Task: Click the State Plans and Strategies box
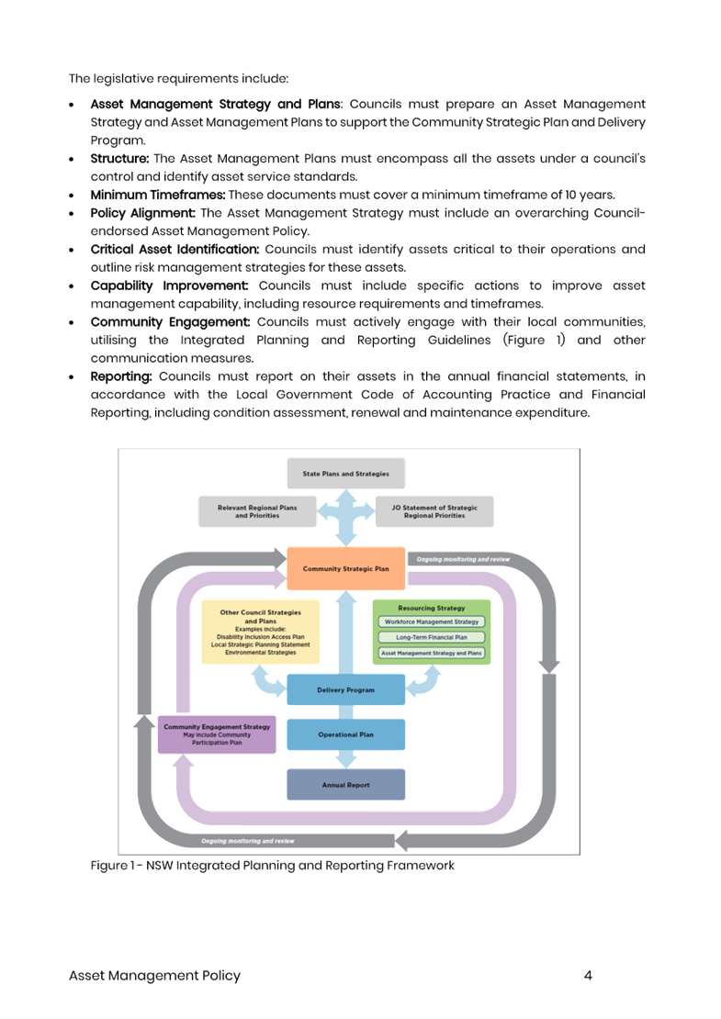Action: coord(346,474)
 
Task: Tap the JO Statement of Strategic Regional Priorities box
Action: coord(434,511)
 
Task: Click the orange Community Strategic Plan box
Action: coord(346,569)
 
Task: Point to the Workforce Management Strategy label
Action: coord(431,621)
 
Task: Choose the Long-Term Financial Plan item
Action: coord(431,637)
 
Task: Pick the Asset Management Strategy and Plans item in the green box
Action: coord(431,653)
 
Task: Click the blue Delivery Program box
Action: coord(346,689)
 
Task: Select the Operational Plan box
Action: coord(346,734)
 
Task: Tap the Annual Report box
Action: coord(346,786)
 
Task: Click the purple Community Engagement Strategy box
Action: coord(217,733)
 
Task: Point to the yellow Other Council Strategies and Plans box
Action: coord(261,631)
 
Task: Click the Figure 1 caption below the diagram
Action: coord(273,866)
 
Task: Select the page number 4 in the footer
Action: coord(588,975)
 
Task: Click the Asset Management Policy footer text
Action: coord(154,975)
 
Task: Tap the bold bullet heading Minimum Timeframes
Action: coord(158,195)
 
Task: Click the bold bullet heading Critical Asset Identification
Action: coord(175,249)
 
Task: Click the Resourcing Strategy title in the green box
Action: coord(431,608)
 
